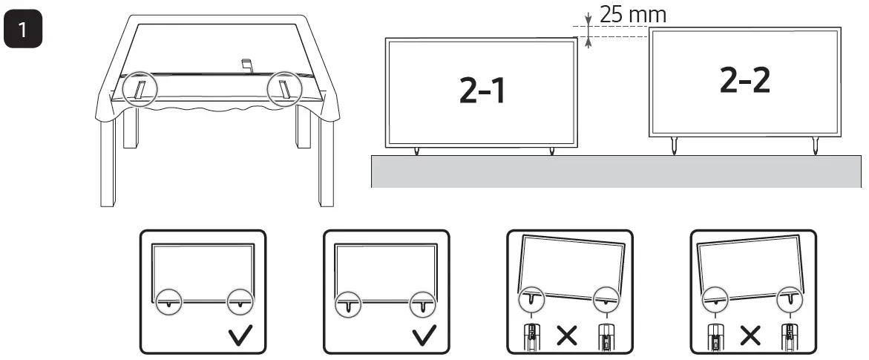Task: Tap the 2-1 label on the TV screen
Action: pos(480,89)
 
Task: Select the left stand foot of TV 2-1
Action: pos(416,151)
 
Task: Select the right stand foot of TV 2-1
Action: pos(551,151)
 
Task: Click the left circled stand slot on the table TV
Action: pos(138,89)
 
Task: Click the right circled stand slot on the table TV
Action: pos(284,89)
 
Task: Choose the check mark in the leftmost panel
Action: pos(241,334)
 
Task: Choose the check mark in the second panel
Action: pos(424,334)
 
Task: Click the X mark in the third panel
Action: pos(567,336)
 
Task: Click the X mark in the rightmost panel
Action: pos(750,336)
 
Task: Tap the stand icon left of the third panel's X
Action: pos(531,335)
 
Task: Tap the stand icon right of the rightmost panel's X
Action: pos(787,335)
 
